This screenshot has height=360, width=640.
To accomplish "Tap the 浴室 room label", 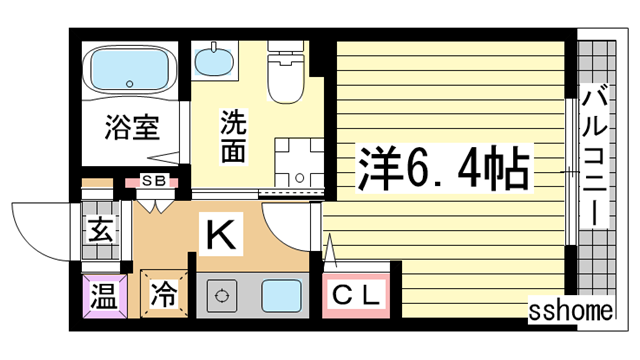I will (132, 128).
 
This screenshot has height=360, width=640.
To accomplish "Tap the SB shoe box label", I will (155, 181).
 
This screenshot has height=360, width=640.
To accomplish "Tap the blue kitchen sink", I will (282, 297).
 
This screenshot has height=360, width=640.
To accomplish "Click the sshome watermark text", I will (571, 311).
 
